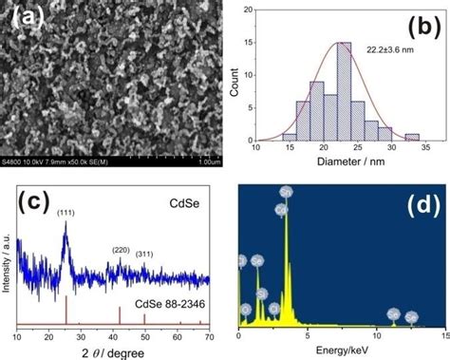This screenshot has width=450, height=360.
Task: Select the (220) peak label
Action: [120, 250]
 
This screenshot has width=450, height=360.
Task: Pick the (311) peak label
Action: [146, 254]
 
